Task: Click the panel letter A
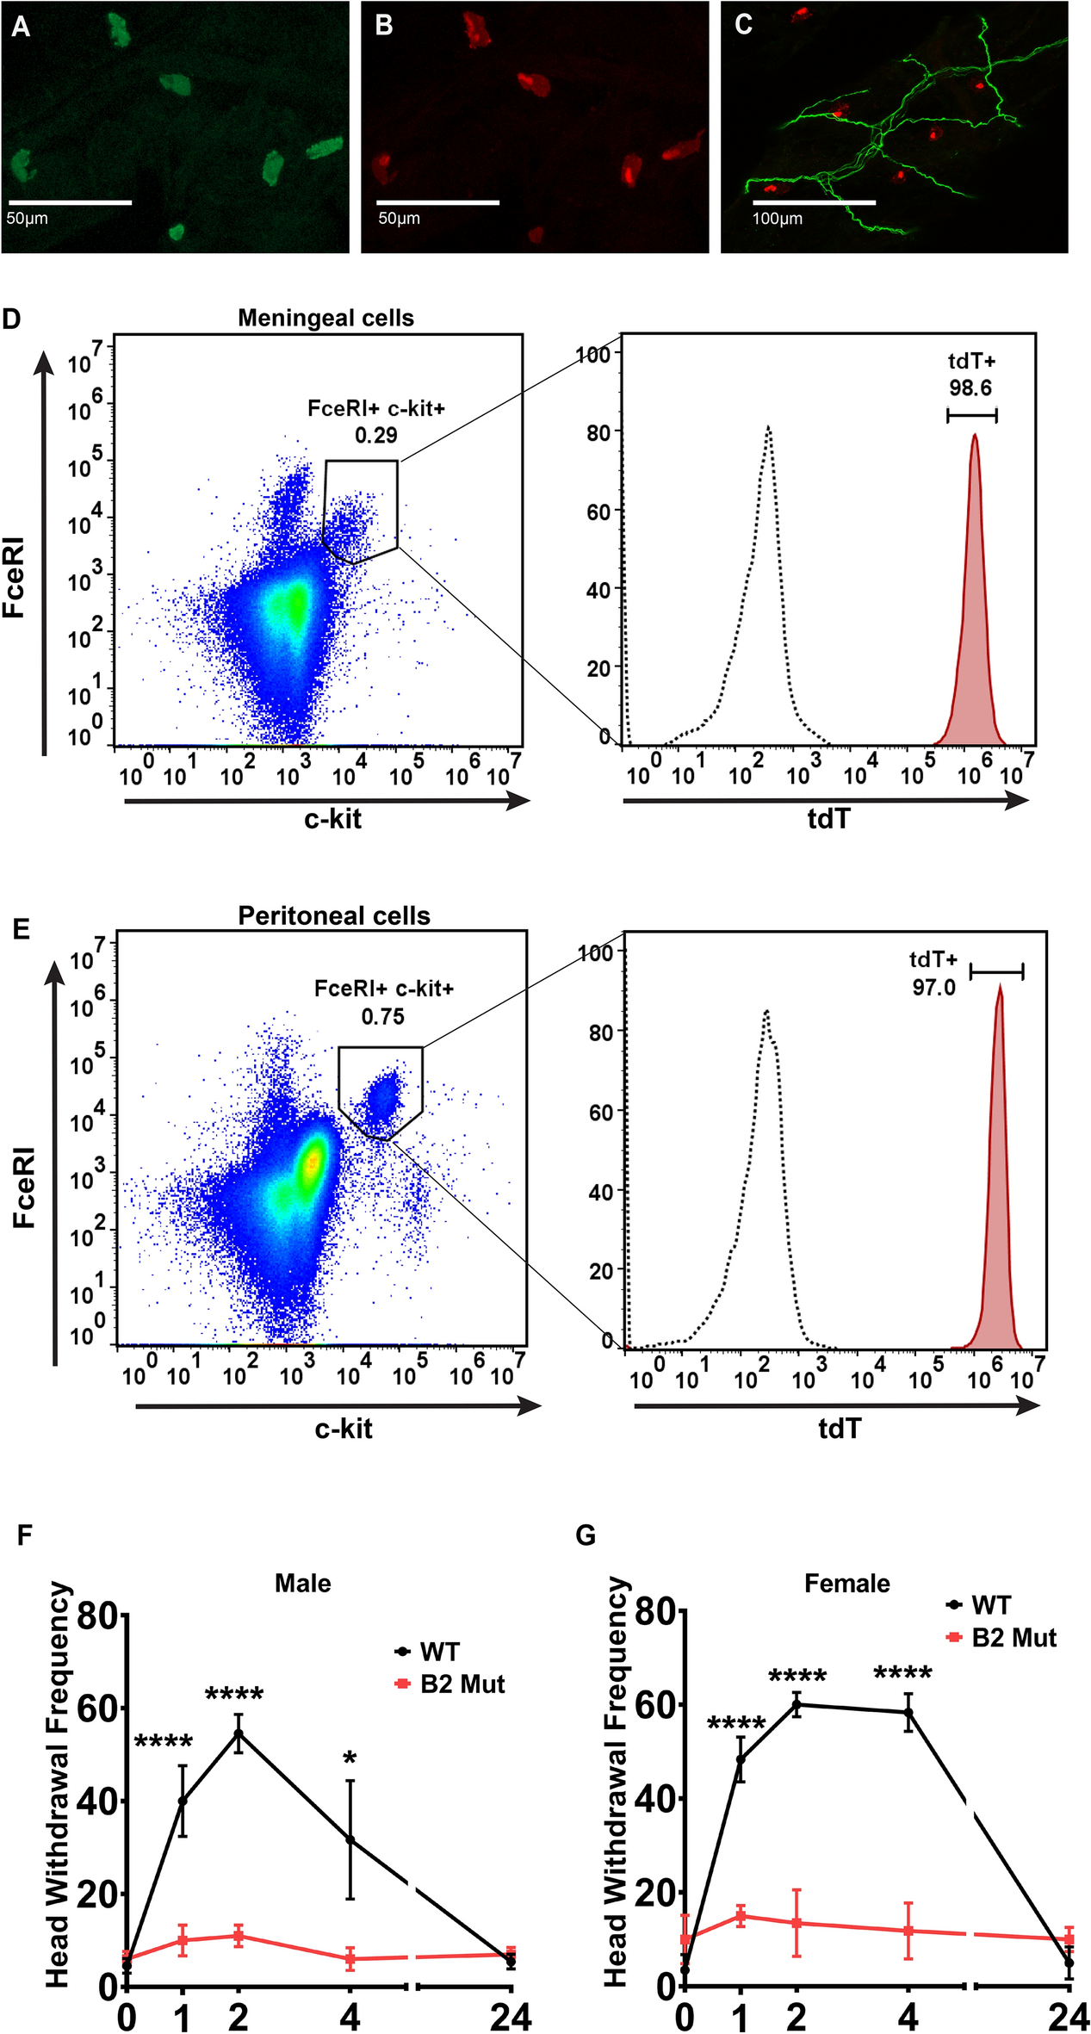pyautogui.click(x=21, y=27)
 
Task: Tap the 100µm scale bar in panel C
pyautogui.click(x=814, y=202)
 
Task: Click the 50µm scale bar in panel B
pyautogui.click(x=437, y=202)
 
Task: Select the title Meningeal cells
pyautogui.click(x=325, y=318)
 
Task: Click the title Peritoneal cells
pyautogui.click(x=334, y=915)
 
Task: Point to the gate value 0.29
pyautogui.click(x=376, y=435)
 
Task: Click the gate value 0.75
pyautogui.click(x=383, y=1016)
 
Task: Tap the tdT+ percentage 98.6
pyautogui.click(x=970, y=388)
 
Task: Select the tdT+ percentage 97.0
pyautogui.click(x=934, y=987)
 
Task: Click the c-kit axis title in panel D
pyautogui.click(x=332, y=819)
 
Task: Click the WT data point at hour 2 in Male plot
pyautogui.click(x=239, y=1733)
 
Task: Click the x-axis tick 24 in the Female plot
pyautogui.click(x=1069, y=2017)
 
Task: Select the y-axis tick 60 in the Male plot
pyautogui.click(x=96, y=1709)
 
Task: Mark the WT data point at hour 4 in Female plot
pyautogui.click(x=908, y=1713)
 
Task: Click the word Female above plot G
pyautogui.click(x=846, y=1583)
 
